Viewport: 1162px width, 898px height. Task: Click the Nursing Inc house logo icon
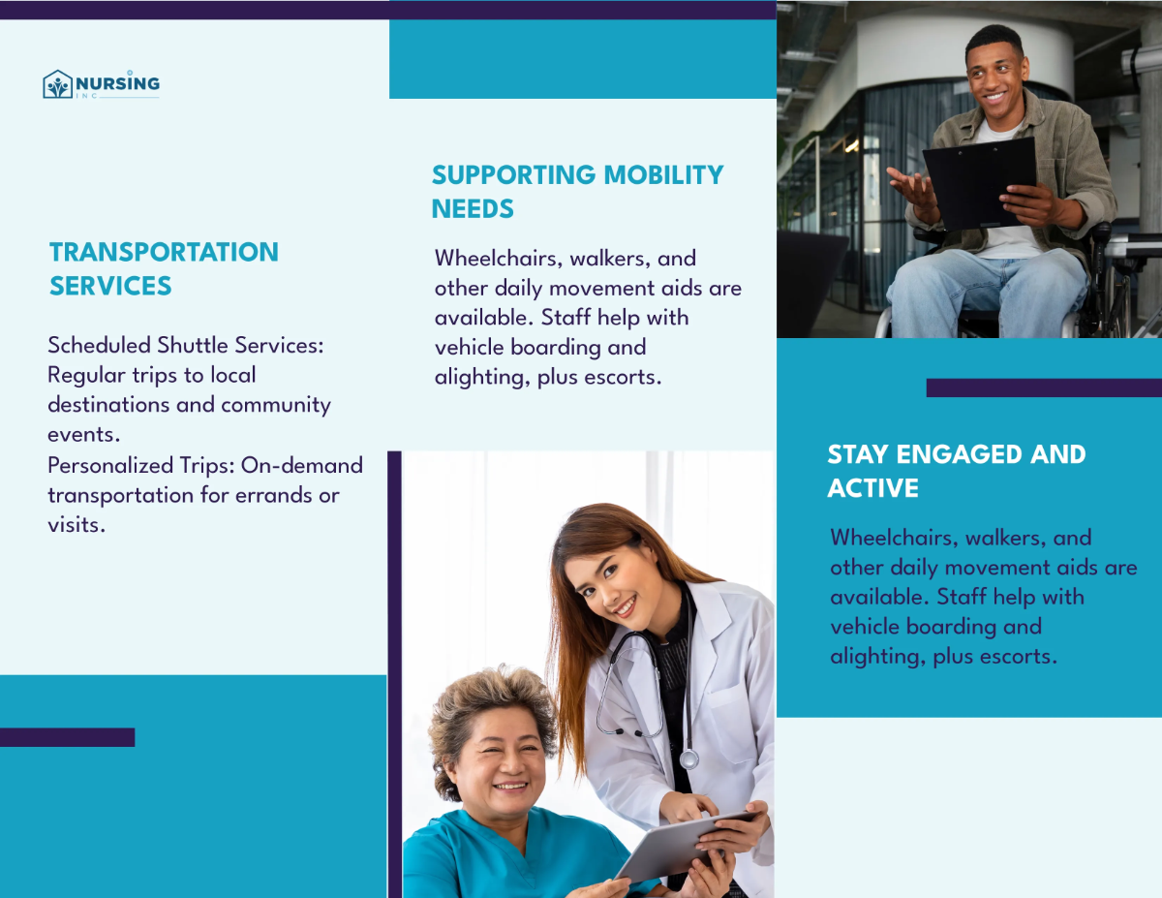click(x=58, y=84)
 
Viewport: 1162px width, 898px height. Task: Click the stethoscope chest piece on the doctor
click(x=688, y=759)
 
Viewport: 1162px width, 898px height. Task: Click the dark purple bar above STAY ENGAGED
click(x=1044, y=387)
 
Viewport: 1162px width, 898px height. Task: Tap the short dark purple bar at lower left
click(x=67, y=737)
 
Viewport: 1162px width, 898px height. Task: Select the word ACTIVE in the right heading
click(x=872, y=488)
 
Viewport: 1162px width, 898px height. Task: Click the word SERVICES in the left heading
click(x=110, y=287)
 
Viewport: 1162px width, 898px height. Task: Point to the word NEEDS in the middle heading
click(x=473, y=209)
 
